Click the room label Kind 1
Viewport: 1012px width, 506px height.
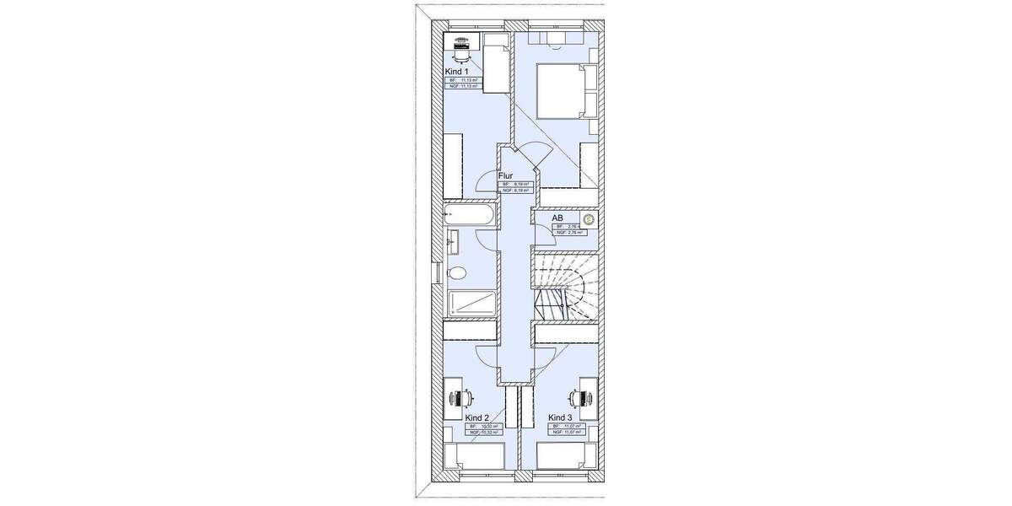(x=456, y=72)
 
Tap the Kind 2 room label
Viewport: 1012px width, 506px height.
(x=476, y=417)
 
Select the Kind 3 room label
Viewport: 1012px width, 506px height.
(x=560, y=417)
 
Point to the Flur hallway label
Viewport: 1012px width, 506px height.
(x=506, y=176)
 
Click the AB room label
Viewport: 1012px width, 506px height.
(x=557, y=218)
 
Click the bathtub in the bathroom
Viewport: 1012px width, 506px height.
(x=471, y=216)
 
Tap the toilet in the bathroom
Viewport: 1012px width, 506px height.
(x=456, y=273)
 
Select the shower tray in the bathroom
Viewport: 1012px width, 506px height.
(x=471, y=304)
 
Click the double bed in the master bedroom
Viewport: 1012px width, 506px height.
(x=559, y=92)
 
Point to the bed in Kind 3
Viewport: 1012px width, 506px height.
(x=566, y=458)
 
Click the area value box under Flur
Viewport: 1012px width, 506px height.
(x=516, y=187)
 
